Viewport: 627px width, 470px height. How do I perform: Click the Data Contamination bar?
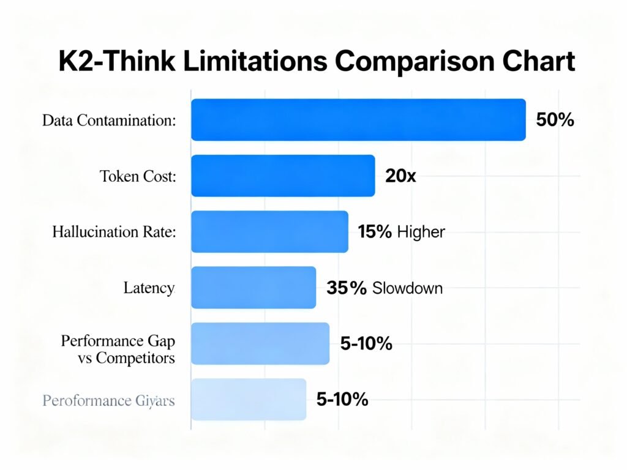tap(358, 120)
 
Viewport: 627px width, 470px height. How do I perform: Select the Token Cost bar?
tap(283, 176)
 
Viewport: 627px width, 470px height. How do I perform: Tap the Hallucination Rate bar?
tap(269, 231)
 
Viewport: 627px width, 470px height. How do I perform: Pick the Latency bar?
tap(253, 288)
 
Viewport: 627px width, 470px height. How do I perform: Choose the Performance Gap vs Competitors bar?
tap(260, 344)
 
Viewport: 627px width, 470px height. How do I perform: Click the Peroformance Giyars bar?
tap(249, 400)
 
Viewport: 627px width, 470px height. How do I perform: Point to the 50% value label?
tap(555, 120)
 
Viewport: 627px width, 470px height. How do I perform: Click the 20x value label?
tap(401, 176)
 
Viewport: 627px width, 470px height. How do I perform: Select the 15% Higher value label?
tap(401, 232)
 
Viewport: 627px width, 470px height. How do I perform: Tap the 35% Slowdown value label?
tap(384, 288)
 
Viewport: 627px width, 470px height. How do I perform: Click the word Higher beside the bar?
tap(421, 232)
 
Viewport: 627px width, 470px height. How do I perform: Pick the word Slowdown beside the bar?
tap(407, 288)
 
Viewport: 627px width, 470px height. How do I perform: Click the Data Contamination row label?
tap(109, 121)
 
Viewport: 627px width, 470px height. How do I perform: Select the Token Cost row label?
tap(138, 177)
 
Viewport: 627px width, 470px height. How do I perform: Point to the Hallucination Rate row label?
tap(114, 233)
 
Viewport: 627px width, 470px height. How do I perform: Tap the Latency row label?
tap(149, 288)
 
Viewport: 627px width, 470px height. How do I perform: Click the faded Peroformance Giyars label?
tap(108, 401)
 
